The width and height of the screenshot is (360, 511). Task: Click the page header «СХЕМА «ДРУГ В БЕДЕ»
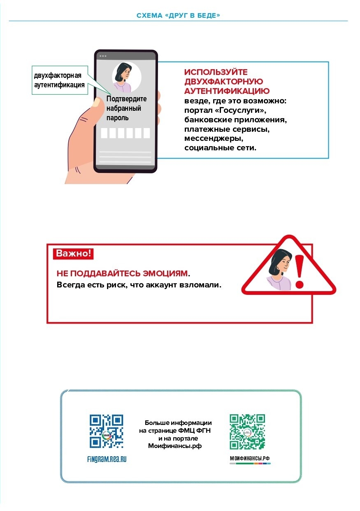178,16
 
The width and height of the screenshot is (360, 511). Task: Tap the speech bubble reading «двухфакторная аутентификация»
60,80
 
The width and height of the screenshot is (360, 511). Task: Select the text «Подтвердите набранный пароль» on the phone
126,108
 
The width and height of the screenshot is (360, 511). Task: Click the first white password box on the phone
105,133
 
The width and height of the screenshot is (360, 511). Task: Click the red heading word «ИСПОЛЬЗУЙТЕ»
216,72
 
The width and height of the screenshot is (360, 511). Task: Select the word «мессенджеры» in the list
211,139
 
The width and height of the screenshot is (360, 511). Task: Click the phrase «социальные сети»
220,148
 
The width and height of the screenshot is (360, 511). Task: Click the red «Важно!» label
73,253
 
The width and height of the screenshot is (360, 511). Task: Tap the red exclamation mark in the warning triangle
300,271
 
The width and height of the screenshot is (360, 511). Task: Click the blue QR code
106,431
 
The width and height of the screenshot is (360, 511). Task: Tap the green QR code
247,432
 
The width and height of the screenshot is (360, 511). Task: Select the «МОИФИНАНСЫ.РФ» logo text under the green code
250,458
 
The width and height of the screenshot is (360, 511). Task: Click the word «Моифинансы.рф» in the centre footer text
175,446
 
